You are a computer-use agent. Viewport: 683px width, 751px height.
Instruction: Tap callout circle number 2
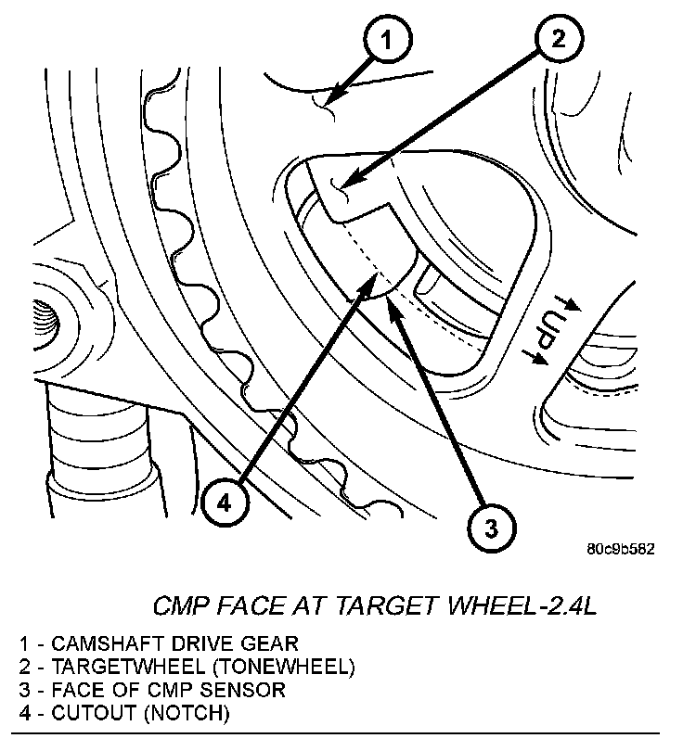coord(557,39)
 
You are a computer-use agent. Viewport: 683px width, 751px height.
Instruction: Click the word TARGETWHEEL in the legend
coord(114,667)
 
